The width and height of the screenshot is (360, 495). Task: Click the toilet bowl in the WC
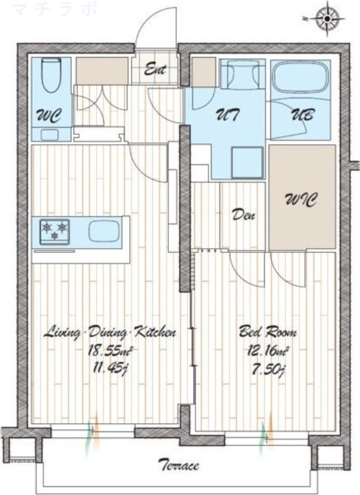[x=51, y=75]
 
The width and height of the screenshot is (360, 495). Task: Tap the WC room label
[x=49, y=116]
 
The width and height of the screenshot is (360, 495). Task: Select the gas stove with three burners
[x=54, y=231]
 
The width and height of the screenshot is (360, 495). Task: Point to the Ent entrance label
[x=155, y=69]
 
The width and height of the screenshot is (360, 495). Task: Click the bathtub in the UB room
[x=300, y=77]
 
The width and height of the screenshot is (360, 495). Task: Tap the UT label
[x=227, y=115]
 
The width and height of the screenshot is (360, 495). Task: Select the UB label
[x=302, y=115]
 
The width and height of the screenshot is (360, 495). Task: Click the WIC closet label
[x=301, y=199]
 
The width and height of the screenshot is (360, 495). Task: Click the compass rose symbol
[x=327, y=19]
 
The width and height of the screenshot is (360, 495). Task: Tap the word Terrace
[x=179, y=465]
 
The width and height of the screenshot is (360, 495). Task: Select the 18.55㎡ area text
[x=109, y=351]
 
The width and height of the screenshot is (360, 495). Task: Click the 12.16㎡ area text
[x=267, y=351]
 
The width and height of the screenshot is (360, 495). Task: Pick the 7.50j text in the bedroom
[x=267, y=369]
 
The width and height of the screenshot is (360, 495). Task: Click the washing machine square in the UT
[x=247, y=163]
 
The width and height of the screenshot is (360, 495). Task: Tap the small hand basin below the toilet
[x=49, y=135]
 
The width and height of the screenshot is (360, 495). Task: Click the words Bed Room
[x=268, y=333]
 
